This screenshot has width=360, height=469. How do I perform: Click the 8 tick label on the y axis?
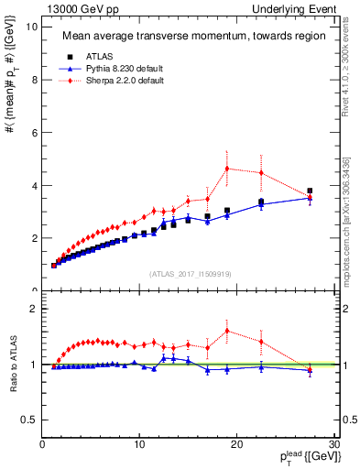click(x=34, y=80)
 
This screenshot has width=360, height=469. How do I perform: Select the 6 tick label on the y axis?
click(x=34, y=132)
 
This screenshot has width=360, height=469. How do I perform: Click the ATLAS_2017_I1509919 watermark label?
click(x=188, y=273)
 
